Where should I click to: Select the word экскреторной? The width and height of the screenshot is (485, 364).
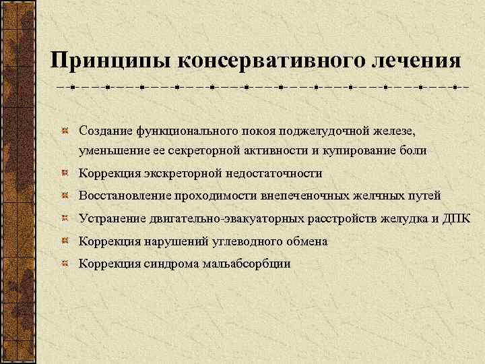[x=176, y=173]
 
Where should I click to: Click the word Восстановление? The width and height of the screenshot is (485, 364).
[x=123, y=195]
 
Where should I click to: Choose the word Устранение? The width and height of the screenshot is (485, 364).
[x=110, y=218]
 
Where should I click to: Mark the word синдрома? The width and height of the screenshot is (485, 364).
[x=170, y=264]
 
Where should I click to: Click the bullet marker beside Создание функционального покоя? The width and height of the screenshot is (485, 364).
[x=65, y=128]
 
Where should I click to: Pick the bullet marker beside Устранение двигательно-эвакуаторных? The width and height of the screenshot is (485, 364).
[x=65, y=218]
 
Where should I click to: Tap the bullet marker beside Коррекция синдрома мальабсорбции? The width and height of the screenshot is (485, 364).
[x=65, y=264]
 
